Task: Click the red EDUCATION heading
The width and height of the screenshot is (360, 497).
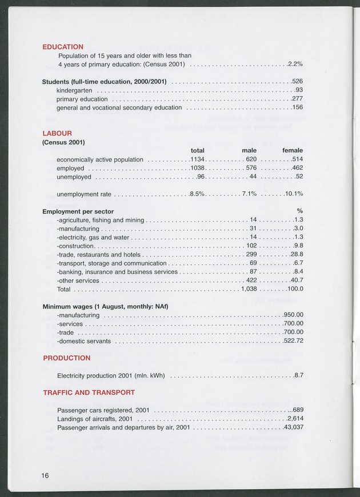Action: pyautogui.click(x=63, y=47)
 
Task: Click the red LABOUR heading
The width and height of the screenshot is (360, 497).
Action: pyautogui.click(x=57, y=134)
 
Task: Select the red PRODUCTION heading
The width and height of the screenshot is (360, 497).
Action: pyautogui.click(x=66, y=358)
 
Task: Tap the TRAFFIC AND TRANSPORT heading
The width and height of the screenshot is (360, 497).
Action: pyautogui.click(x=89, y=392)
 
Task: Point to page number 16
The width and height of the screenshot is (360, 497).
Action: pyautogui.click(x=46, y=475)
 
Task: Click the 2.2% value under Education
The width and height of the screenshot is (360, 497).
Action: pyautogui.click(x=295, y=64)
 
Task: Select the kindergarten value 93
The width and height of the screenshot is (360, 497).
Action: pyautogui.click(x=298, y=90)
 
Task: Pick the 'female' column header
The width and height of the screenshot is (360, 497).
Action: pyautogui.click(x=292, y=150)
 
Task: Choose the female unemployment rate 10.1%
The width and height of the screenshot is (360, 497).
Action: pyautogui.click(x=294, y=194)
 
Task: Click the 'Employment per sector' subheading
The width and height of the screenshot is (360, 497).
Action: pyautogui.click(x=78, y=211)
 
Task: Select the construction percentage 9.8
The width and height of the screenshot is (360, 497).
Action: pyautogui.click(x=297, y=246)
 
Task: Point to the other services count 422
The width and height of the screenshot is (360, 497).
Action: pyautogui.click(x=251, y=280)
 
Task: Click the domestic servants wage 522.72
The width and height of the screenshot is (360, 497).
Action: pyautogui.click(x=293, y=341)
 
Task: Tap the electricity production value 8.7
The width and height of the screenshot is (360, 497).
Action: pyautogui.click(x=298, y=375)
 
